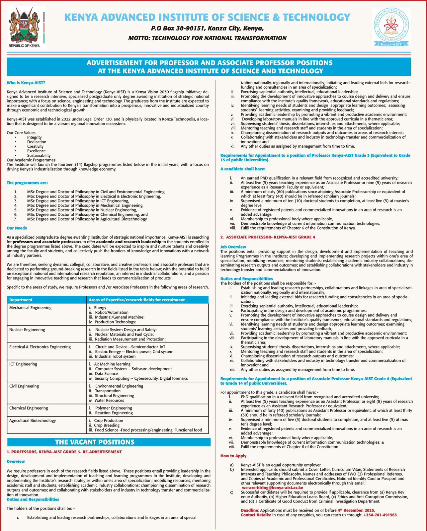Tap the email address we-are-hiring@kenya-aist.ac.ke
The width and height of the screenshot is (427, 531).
[x=272, y=488]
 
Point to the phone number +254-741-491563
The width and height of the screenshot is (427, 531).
[x=380, y=515]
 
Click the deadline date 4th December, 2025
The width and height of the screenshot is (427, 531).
[x=356, y=510]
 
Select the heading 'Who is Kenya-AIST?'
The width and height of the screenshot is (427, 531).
[x=26, y=82]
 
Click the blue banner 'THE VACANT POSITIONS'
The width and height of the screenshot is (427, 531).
[x=95, y=442]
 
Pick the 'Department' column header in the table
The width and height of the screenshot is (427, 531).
[x=21, y=300]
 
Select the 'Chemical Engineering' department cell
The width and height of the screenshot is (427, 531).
[x=29, y=408]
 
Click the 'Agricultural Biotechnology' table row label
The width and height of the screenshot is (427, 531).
[x=33, y=420]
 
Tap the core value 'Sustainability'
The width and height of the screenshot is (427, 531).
[x=39, y=155]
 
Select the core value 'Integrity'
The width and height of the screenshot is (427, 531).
[x=35, y=137]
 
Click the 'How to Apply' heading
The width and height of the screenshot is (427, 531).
[x=233, y=456]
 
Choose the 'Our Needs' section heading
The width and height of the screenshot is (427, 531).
[x=17, y=228]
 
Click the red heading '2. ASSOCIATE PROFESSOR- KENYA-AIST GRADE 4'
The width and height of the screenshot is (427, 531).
[x=268, y=237]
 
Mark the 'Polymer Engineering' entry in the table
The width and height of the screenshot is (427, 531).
[x=114, y=408]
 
